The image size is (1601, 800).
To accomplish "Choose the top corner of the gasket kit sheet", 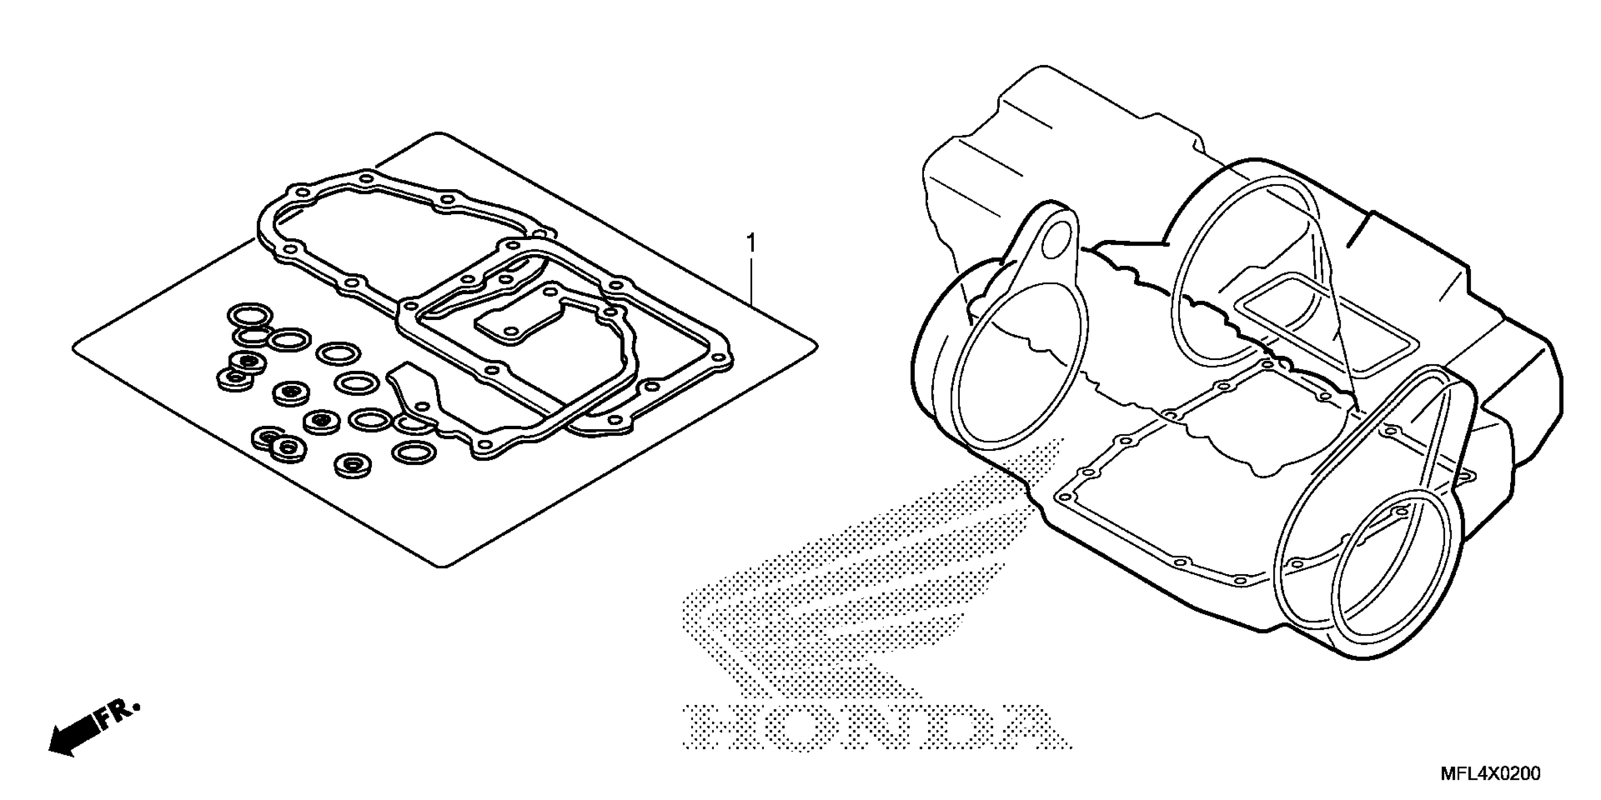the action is tap(439, 135).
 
